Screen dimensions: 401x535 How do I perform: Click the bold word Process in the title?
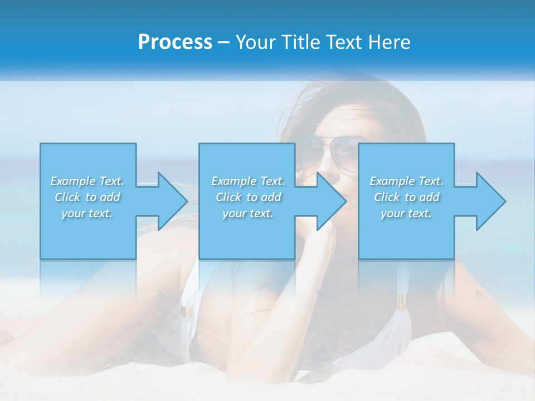175,42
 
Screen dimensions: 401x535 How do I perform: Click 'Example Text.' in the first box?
87,181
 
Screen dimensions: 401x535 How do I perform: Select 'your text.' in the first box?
87,213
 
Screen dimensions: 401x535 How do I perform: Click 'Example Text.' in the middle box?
247,181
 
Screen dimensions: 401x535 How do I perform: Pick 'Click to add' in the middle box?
247,197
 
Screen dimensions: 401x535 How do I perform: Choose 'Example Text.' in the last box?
406,181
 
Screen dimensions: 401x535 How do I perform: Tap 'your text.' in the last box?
406,213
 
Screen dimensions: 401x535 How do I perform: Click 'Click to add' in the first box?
87,197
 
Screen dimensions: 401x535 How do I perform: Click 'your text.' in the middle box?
247,213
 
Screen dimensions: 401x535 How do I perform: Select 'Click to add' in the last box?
406,197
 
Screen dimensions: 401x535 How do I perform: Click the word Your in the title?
255,42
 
